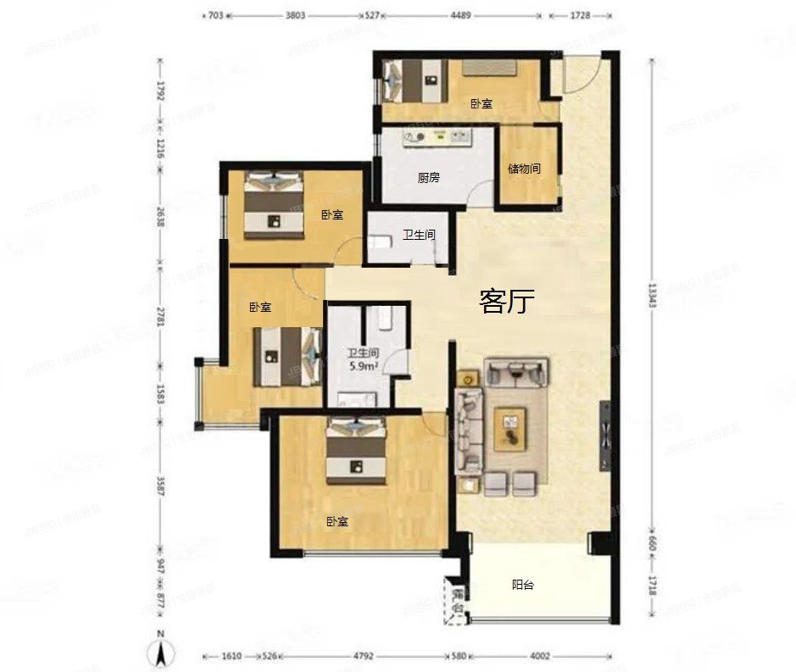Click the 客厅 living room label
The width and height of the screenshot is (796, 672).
(x=506, y=301)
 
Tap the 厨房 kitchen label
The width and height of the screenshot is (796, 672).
(x=429, y=178)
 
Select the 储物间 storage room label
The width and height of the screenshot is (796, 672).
(x=524, y=169)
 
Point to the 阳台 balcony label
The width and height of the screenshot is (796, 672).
(x=523, y=584)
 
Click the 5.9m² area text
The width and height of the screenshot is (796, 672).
(x=362, y=367)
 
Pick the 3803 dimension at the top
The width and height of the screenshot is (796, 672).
(x=296, y=14)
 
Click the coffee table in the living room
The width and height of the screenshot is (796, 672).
(x=510, y=428)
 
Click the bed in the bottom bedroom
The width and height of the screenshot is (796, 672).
(x=356, y=449)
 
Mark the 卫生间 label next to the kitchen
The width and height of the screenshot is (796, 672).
(x=419, y=235)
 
